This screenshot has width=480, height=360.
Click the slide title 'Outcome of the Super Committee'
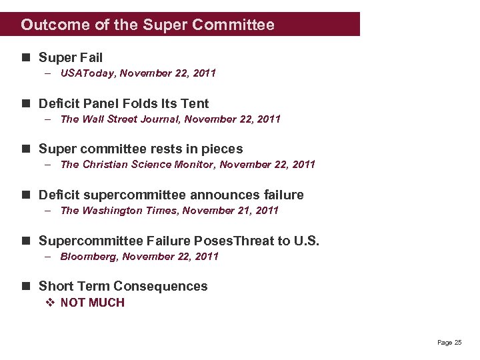coord(147,25)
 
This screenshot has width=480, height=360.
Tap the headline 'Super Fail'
coord(71,58)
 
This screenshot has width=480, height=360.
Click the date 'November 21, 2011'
coord(231,211)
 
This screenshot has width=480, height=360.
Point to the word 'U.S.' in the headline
coord(306,241)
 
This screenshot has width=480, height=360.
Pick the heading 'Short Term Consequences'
coord(123,287)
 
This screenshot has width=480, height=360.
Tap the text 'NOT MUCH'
coord(92,303)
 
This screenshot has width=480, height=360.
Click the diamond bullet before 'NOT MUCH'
coord(49,303)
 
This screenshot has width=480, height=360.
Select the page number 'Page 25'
coord(449,343)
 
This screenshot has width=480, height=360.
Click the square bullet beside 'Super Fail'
coord(26,58)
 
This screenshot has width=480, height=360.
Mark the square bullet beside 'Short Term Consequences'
coord(26,287)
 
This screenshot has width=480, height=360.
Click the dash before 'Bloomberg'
coord(50,257)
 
